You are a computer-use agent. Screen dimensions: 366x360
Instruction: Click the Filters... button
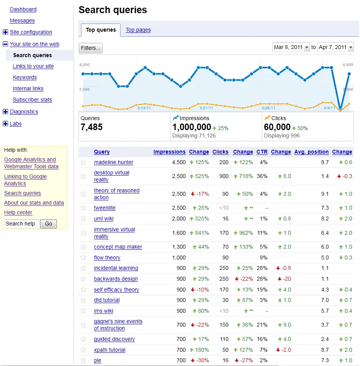[x=91, y=48]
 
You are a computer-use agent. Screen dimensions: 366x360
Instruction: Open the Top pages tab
[x=138, y=30]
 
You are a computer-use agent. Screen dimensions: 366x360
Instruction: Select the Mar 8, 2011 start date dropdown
[x=291, y=47]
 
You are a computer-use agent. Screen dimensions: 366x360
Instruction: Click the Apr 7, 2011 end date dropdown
[x=336, y=47]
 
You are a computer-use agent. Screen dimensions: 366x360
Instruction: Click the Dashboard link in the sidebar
[x=23, y=9]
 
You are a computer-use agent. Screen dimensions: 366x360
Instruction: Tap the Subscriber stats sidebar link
[x=32, y=100]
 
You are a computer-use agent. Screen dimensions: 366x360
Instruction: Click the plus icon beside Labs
[x=5, y=124]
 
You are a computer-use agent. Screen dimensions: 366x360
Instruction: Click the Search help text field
[x=22, y=224]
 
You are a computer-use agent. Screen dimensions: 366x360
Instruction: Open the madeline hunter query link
[x=114, y=163]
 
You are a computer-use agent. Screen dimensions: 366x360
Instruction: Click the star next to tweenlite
[x=83, y=208]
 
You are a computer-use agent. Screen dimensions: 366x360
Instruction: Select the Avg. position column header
[x=311, y=152]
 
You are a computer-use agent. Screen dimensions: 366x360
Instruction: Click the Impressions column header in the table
[x=169, y=152]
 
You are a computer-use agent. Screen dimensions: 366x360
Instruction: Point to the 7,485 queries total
[x=92, y=127]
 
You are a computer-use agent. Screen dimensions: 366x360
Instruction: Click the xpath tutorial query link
[x=110, y=350]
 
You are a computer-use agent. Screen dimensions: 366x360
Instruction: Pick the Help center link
[x=18, y=212]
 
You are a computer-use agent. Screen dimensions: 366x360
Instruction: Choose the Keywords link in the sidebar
[x=25, y=77]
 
